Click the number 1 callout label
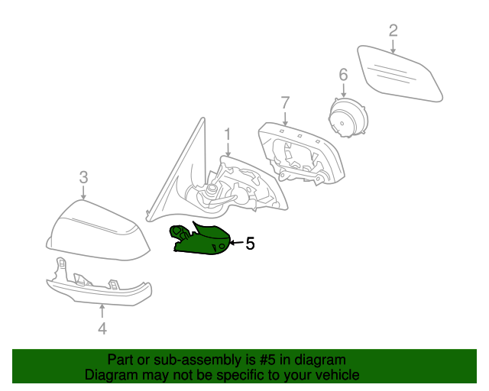(x=227, y=134)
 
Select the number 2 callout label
(x=393, y=31)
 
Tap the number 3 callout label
(x=83, y=177)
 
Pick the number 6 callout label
(x=343, y=74)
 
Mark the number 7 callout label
(x=285, y=102)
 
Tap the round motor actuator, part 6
(x=345, y=119)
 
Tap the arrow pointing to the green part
(x=236, y=244)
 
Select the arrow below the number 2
(x=393, y=47)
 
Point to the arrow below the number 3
(x=83, y=193)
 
